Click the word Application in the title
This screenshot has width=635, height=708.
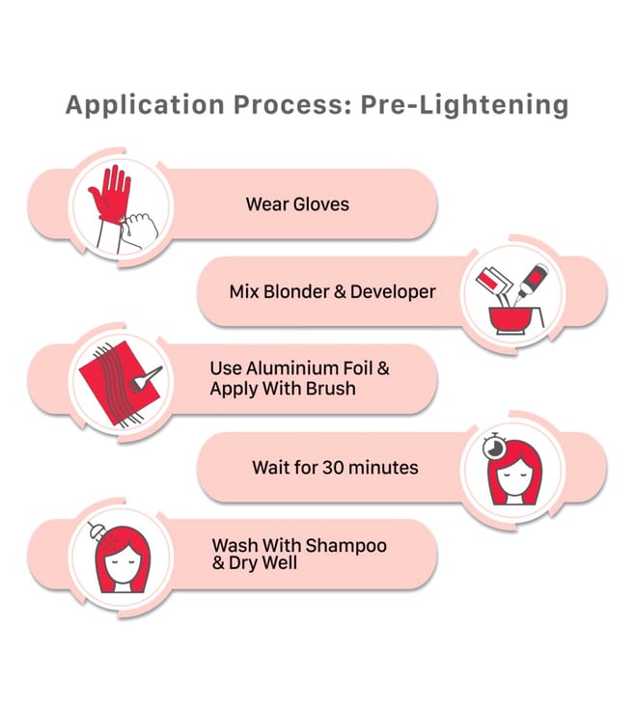pyautogui.click(x=145, y=106)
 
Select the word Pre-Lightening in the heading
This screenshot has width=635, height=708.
pyautogui.click(x=464, y=106)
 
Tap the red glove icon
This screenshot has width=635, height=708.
pyautogui.click(x=110, y=193)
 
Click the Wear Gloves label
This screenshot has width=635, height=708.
pyautogui.click(x=297, y=204)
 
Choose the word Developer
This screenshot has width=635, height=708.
pyautogui.click(x=393, y=292)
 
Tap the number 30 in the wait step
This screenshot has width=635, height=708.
pyautogui.click(x=333, y=468)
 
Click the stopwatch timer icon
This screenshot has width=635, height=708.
pyautogui.click(x=494, y=447)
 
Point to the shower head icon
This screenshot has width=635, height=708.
pyautogui.click(x=96, y=531)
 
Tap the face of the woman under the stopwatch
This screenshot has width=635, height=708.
pyautogui.click(x=515, y=480)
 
